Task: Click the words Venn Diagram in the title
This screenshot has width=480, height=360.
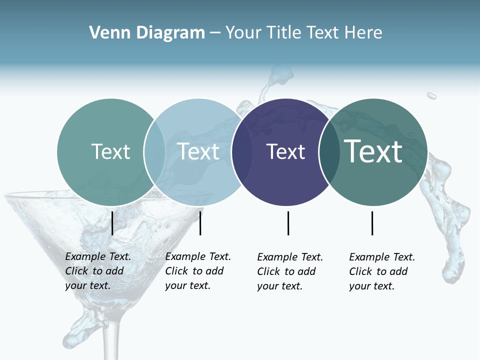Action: pos(147,33)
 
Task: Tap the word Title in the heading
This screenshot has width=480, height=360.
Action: pos(283,33)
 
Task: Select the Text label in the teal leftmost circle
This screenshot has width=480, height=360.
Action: pos(110,151)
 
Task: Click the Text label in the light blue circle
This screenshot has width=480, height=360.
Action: pos(198,151)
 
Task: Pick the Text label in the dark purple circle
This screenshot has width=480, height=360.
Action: pos(285,151)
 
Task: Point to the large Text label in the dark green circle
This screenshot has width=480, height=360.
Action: pos(373,151)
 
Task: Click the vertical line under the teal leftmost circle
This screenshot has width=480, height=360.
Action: pos(112,223)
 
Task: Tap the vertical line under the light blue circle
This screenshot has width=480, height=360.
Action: pos(200,223)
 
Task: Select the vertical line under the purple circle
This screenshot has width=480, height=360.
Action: pos(288,223)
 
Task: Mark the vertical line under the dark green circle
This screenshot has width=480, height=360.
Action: pos(372,223)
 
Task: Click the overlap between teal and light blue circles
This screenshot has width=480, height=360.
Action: pos(154,151)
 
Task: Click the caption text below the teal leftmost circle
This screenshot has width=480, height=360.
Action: pos(98,271)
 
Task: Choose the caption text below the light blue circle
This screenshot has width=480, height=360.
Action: pos(198,271)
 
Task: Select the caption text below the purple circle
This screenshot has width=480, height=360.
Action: pos(290,271)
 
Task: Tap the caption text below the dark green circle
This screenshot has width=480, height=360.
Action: pos(382,271)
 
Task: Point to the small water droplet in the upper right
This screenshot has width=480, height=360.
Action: pos(431,95)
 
